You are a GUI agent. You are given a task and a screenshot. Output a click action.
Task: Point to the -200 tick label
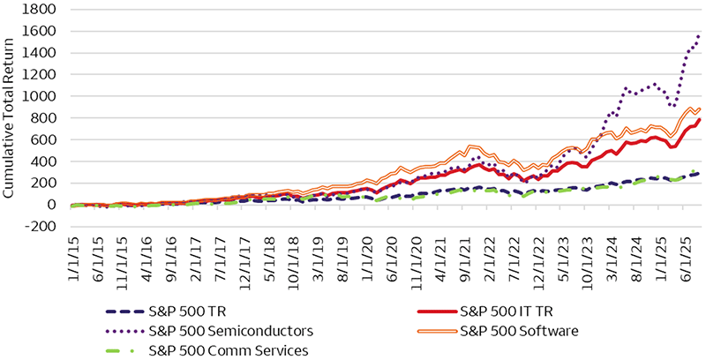pos(44,227)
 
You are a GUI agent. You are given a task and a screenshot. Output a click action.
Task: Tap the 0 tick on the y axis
pos(54,205)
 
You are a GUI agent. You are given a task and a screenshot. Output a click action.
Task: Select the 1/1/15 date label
pos(73,258)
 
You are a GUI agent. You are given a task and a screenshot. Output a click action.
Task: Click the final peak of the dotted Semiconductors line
pos(699,35)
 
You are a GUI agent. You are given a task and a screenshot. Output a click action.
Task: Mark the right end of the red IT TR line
pos(699,119)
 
